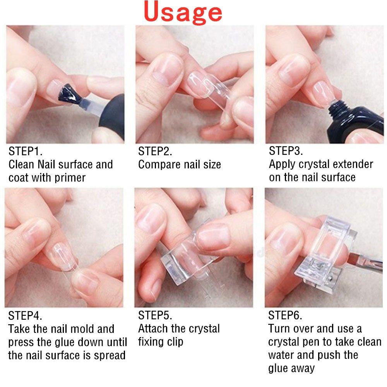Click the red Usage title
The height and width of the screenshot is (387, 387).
coord(184,12)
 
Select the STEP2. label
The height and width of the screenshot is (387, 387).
coord(155,151)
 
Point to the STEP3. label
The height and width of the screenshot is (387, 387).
coord(286,151)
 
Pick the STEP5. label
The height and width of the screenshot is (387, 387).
coord(155,315)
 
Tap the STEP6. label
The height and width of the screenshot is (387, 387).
coord(285,315)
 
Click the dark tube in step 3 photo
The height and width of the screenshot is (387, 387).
coord(356,120)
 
